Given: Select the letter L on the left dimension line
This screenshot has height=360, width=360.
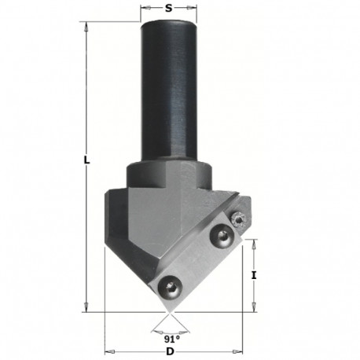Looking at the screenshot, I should point(86,160).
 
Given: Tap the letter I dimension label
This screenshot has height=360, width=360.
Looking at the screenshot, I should point(253,276).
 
